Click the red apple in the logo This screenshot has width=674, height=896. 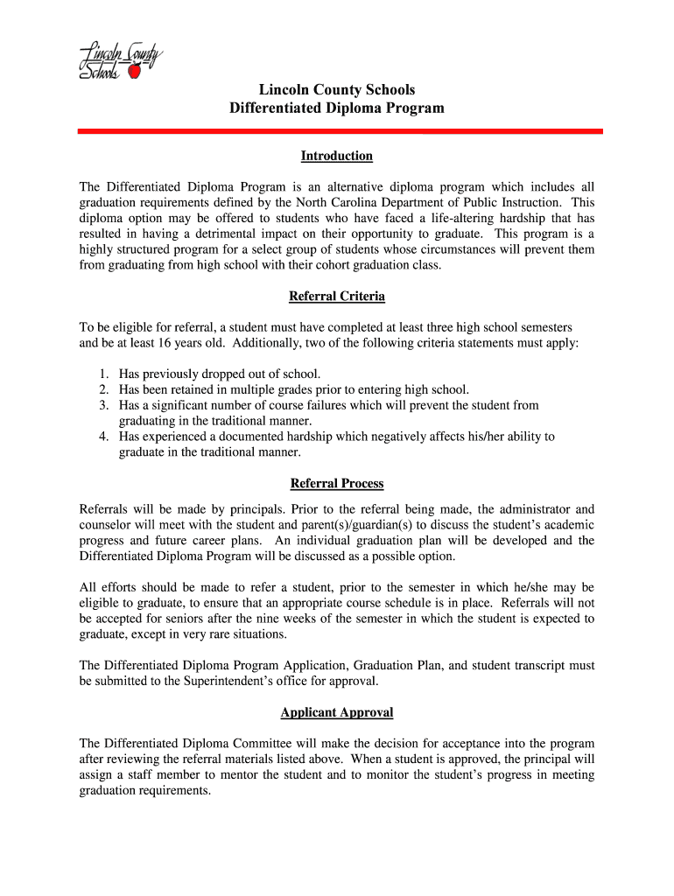tap(134, 73)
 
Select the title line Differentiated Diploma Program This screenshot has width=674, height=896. tap(337, 108)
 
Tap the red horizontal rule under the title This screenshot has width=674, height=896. tap(340, 131)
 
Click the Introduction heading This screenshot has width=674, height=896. tap(337, 156)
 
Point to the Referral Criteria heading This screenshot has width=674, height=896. tap(337, 296)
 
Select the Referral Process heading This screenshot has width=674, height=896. tap(337, 483)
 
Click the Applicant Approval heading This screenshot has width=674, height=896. tap(337, 712)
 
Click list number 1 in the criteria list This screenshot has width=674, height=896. tap(102, 374)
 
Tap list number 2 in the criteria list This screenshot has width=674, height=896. tap(102, 389)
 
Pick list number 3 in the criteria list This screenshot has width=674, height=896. tap(102, 405)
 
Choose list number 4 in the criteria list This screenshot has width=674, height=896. tap(102, 436)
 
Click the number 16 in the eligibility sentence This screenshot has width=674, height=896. tap(163, 343)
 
